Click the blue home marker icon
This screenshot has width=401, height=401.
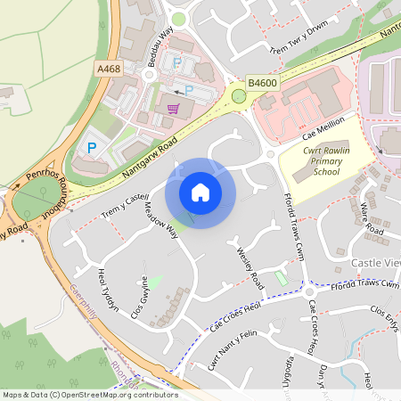coord(200,192)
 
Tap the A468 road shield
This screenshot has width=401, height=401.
coord(110,69)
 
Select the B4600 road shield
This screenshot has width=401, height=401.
coord(262,83)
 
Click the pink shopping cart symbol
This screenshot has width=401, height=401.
coord(174,109)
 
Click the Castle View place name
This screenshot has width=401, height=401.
coord(376,263)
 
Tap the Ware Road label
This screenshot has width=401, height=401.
coord(372,223)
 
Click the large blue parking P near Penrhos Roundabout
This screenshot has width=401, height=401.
coord(92,146)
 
